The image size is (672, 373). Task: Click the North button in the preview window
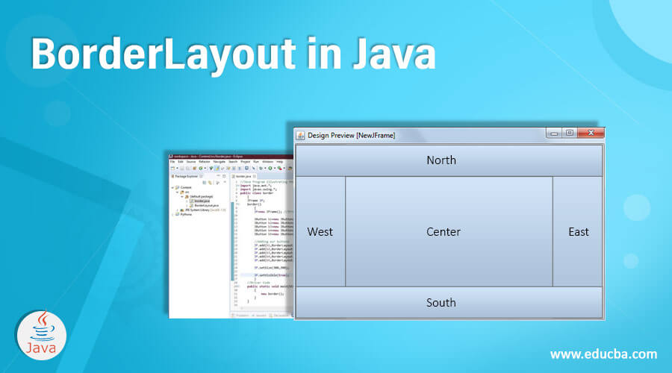(x=441, y=160)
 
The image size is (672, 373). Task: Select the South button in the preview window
(x=441, y=302)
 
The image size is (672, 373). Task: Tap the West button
(x=320, y=231)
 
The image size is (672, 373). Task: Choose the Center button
(x=444, y=231)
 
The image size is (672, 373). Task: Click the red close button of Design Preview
(x=591, y=134)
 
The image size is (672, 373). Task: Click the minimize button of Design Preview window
(x=553, y=134)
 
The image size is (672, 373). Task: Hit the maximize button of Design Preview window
(x=570, y=134)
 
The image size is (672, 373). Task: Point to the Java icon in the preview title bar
(x=301, y=135)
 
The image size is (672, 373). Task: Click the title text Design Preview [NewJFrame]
(x=351, y=135)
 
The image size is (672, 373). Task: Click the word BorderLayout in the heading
(x=150, y=56)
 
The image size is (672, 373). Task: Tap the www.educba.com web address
(x=603, y=354)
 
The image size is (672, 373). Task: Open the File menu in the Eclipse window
(x=172, y=161)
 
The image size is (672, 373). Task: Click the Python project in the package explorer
(x=181, y=214)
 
